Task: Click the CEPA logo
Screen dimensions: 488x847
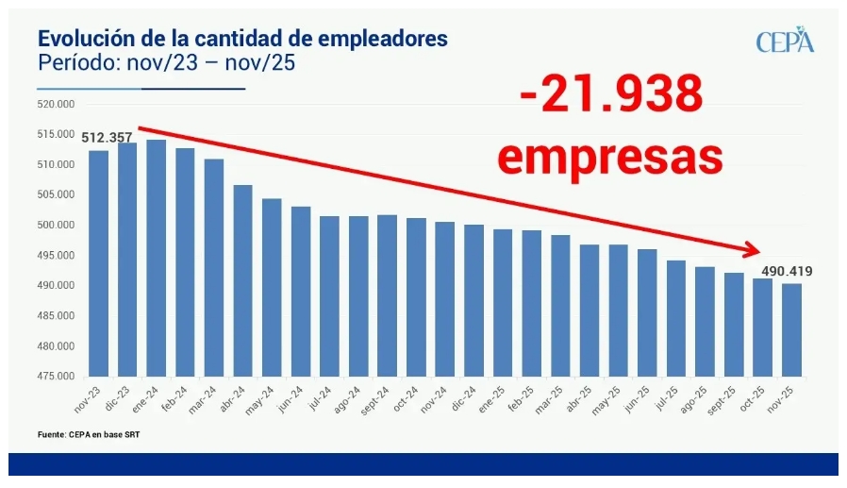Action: coord(784,42)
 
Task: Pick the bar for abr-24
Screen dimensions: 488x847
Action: coord(243,279)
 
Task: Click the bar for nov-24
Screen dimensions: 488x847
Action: coord(445,298)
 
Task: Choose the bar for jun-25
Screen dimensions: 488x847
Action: coord(647,311)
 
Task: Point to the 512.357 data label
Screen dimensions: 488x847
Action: coord(107,138)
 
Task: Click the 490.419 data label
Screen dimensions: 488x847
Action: coord(787,272)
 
